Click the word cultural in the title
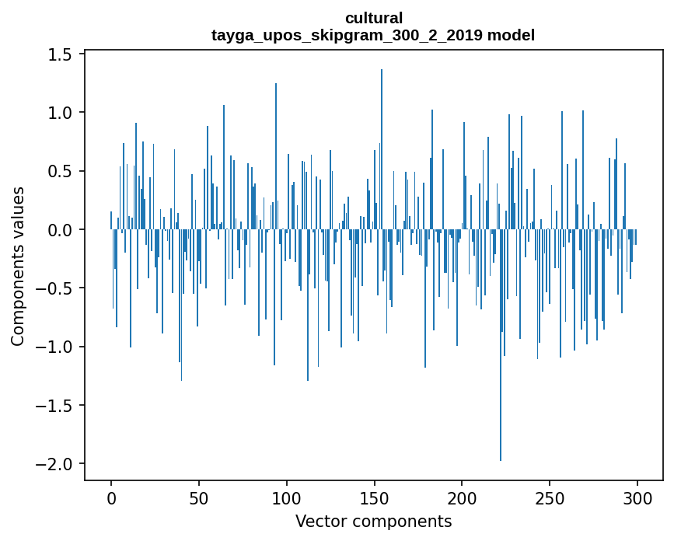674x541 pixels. (x=373, y=18)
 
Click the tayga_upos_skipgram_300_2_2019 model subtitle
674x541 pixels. (x=373, y=35)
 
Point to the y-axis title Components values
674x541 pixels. (x=17, y=266)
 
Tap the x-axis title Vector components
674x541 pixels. (x=373, y=521)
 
